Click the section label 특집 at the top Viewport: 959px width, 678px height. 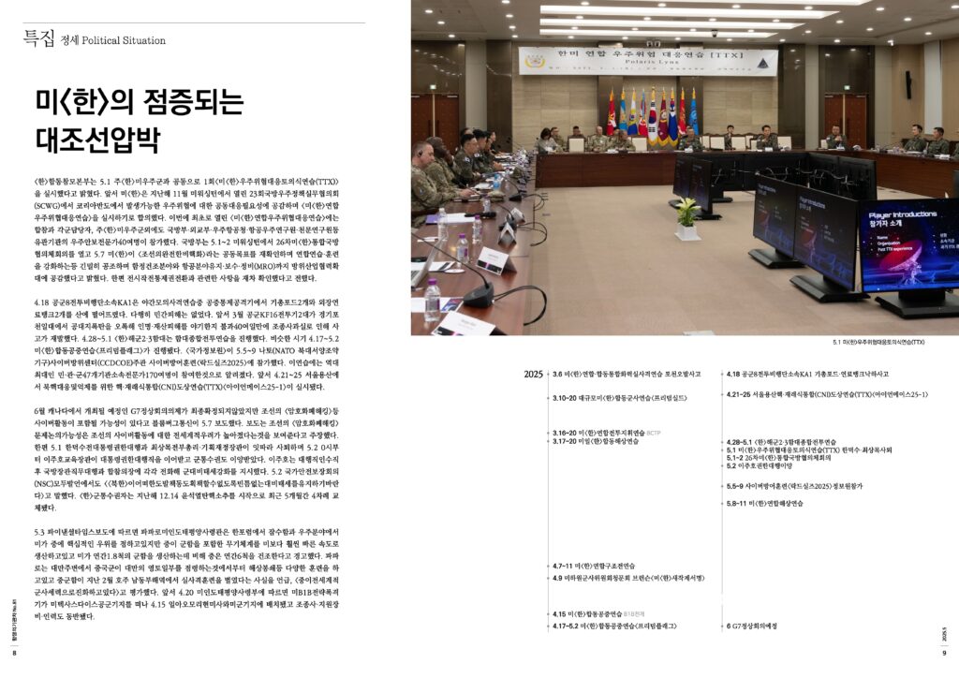pos(37,38)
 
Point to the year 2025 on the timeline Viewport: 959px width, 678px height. pos(534,374)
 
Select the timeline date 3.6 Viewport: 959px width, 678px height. pos(557,374)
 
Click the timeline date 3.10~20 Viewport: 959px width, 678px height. pos(564,398)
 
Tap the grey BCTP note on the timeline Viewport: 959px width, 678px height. pos(653,433)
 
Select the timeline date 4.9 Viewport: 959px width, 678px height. pos(557,578)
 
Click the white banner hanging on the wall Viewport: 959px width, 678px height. pos(649,61)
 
